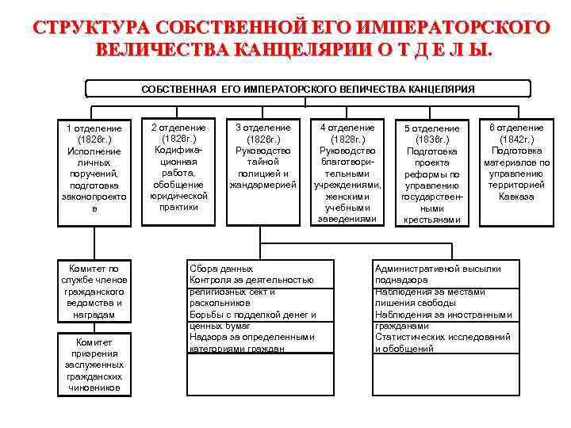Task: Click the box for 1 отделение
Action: (94, 168)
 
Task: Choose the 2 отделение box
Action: (178, 166)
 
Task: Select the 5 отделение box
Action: (431, 173)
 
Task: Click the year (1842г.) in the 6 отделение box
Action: (516, 139)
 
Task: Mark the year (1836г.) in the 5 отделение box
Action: (431, 139)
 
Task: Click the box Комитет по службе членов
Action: (94, 292)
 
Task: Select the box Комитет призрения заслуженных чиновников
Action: (94, 365)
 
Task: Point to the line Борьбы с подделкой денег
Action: (252, 315)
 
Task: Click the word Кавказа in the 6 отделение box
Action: (516, 196)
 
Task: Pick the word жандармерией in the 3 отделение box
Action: (263, 185)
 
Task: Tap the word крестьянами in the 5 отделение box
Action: (431, 220)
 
